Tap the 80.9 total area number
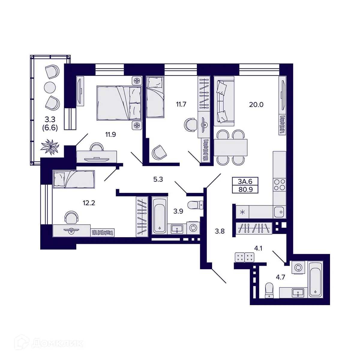tap(245, 190)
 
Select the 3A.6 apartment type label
tap(245, 181)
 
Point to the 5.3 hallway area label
tap(158, 179)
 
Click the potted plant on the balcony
tap(50, 146)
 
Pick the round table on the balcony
tap(50, 88)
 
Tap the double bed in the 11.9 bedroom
tap(119, 103)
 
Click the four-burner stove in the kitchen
tap(279, 184)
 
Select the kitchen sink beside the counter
tap(279, 212)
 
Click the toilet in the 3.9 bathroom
tap(195, 205)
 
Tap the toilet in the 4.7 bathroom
tap(269, 290)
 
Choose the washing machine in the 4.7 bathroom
tap(298, 267)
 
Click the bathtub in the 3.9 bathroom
tap(159, 215)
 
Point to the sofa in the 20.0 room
tap(223, 101)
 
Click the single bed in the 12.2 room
tap(74, 179)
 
